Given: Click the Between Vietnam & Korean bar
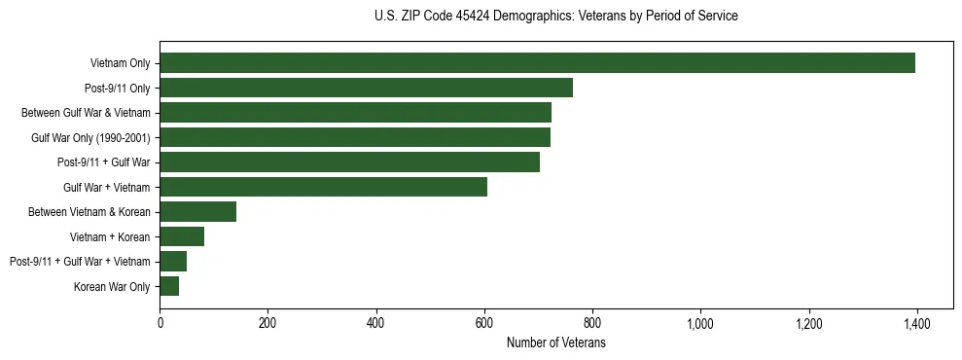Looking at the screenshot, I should (197, 212).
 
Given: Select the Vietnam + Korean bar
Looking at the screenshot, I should (182, 236).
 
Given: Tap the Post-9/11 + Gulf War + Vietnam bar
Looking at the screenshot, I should (173, 262).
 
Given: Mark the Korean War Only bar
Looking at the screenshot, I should (169, 286).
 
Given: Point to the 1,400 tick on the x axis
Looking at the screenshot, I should (916, 323).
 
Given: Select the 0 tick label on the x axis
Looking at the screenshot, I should (160, 323).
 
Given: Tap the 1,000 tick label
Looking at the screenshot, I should (700, 323).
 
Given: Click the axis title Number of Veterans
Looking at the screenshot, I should (556, 343).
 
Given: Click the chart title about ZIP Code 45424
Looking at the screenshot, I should (555, 16).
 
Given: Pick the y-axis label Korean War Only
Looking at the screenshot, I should (112, 286).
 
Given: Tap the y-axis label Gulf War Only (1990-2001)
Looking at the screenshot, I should (90, 137).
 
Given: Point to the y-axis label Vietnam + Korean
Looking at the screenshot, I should (110, 236).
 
